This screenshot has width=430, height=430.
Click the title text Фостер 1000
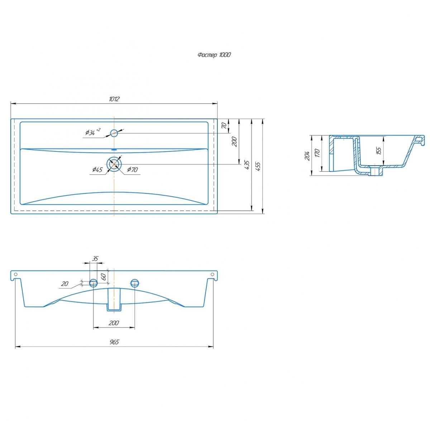click(x=214, y=55)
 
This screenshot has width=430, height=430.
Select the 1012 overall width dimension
click(x=114, y=99)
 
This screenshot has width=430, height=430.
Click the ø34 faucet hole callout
click(x=93, y=132)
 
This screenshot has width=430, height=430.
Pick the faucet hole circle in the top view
click(x=114, y=133)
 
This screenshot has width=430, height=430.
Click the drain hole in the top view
click(x=114, y=164)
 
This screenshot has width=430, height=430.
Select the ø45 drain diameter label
click(x=97, y=169)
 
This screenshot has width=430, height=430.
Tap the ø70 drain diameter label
click(x=132, y=169)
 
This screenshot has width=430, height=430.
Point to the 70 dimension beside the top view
click(x=224, y=126)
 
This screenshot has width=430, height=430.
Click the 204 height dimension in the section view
click(x=307, y=156)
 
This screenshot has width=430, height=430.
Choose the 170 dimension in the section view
click(x=317, y=153)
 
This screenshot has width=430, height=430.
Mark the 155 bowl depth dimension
click(x=379, y=150)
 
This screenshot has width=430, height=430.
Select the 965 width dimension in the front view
click(x=114, y=342)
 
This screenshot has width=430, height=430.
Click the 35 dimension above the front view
click(x=95, y=258)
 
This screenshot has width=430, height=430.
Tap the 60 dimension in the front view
click(x=103, y=276)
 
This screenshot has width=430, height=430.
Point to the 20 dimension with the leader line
click(x=64, y=284)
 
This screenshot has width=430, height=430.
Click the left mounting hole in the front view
click(x=94, y=283)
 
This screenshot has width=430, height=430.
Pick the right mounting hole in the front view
click(x=135, y=283)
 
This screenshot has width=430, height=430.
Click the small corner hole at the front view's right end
click(x=212, y=275)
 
